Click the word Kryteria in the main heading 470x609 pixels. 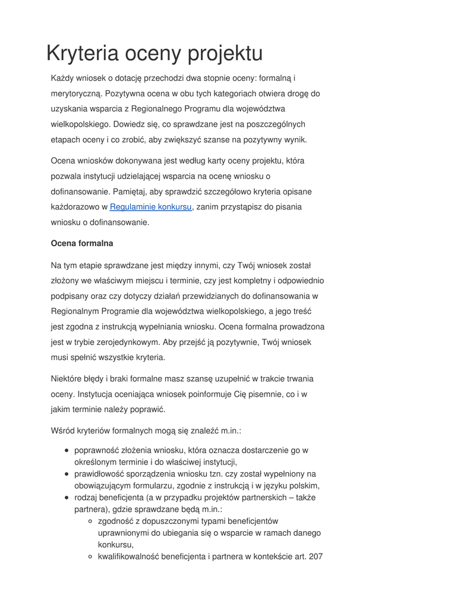(x=82, y=54)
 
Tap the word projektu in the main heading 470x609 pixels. (x=225, y=54)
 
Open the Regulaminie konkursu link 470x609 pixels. (x=151, y=207)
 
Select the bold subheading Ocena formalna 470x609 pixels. (x=82, y=243)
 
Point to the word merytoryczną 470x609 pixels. (x=76, y=93)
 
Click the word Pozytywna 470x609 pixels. (x=127, y=93)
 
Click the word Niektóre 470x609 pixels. (x=69, y=378)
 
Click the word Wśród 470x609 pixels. (x=63, y=429)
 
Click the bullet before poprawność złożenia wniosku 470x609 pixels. (x=67, y=451)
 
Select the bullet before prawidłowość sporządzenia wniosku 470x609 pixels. (x=67, y=474)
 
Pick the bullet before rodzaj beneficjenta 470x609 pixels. (x=67, y=498)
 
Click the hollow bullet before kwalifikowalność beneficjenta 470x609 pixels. (x=90, y=557)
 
